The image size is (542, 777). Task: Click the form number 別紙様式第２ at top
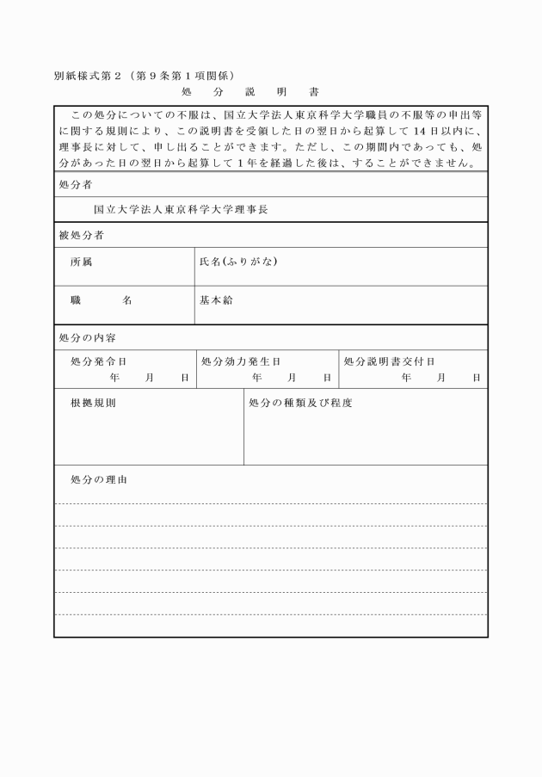click(89, 76)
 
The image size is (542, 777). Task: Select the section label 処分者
click(76, 184)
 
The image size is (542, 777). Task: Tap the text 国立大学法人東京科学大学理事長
click(181, 209)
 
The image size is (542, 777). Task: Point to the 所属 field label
click(82, 262)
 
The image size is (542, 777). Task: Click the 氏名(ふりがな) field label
click(237, 262)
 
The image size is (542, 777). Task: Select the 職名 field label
click(101, 300)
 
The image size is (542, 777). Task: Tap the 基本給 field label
click(216, 300)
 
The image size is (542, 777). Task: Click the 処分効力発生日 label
click(241, 362)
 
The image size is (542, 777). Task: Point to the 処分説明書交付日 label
click(389, 362)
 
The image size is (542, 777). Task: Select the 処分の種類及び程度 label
click(300, 403)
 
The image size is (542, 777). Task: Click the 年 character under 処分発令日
click(114, 378)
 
